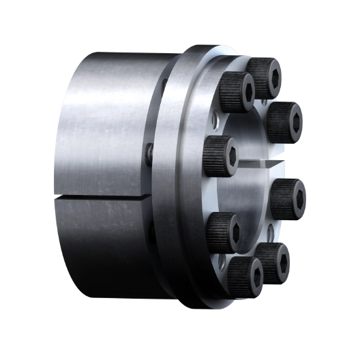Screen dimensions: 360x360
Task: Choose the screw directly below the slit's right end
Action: pos(288,198)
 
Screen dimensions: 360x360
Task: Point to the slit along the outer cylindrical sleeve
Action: pos(102,198)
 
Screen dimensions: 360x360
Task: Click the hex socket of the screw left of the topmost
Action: pos(246,89)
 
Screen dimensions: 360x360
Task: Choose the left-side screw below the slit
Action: pos(222,230)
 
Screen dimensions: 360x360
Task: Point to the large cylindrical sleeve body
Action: pos(102,136)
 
